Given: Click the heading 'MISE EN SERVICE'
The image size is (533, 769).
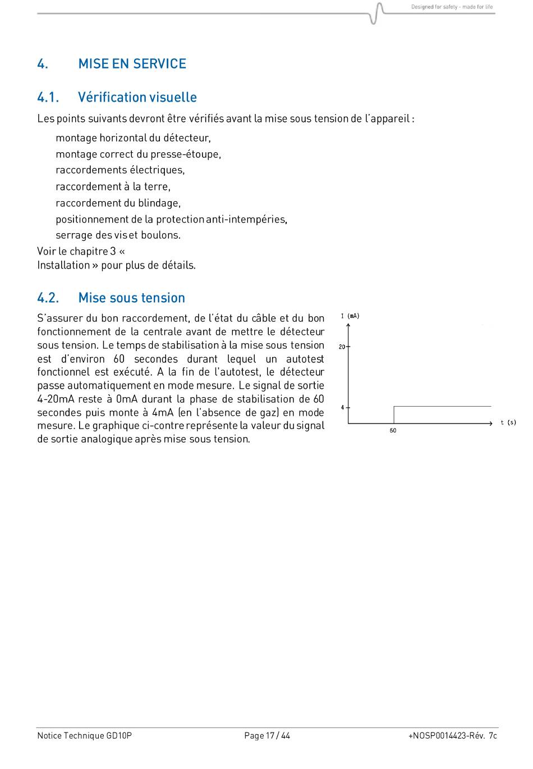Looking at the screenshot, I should [x=132, y=63].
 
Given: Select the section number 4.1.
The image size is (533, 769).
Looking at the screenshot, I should [x=48, y=97].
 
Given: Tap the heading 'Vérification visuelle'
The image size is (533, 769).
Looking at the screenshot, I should [x=137, y=97].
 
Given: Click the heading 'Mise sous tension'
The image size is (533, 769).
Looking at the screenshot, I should [x=131, y=298].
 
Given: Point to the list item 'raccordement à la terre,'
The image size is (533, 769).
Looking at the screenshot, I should [x=113, y=186].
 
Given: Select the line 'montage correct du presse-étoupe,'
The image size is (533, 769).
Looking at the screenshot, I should [x=138, y=154].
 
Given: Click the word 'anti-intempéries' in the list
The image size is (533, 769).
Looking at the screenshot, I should [x=246, y=219].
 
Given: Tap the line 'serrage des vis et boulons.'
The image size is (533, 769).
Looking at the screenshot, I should [x=118, y=235].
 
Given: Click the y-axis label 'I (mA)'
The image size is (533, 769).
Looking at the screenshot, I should [x=350, y=316].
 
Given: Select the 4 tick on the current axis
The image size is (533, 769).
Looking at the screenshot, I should [x=342, y=407].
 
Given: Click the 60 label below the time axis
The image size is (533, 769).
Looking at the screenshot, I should [x=393, y=431].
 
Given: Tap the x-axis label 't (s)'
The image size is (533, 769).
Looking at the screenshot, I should [x=508, y=422].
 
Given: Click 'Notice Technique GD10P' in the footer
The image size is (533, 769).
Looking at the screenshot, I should [x=84, y=735].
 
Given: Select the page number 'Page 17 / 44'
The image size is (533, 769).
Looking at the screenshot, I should [x=267, y=735].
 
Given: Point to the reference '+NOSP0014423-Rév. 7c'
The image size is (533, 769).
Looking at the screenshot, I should [x=452, y=735].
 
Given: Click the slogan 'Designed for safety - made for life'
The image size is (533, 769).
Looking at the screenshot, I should [x=452, y=7].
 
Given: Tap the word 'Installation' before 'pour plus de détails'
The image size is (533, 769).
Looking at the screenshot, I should [x=63, y=265].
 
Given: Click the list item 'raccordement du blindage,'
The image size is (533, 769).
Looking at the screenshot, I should [x=118, y=203].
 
